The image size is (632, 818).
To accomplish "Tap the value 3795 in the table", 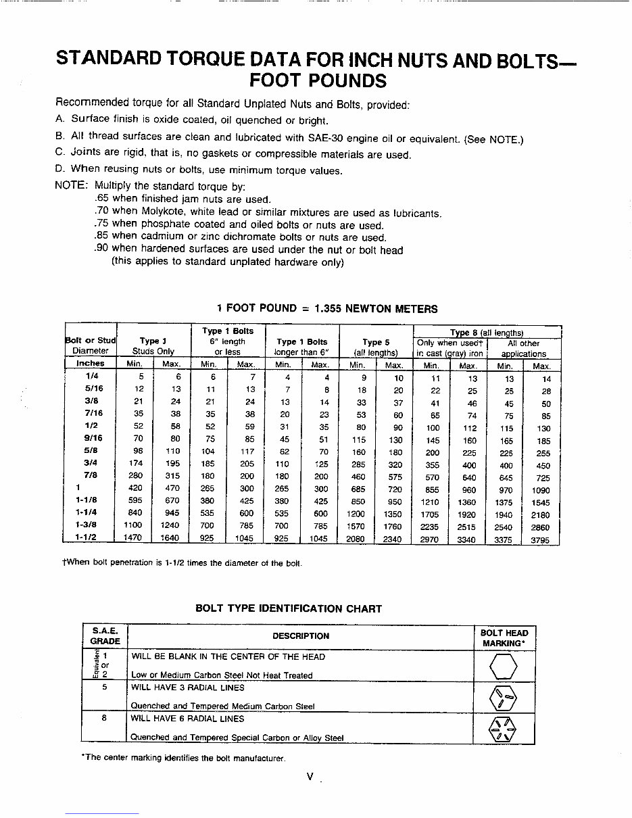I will (x=541, y=539).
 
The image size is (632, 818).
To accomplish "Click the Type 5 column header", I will (x=376, y=342).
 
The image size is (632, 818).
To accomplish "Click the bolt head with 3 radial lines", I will (x=503, y=698).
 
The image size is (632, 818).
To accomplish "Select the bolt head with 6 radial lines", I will (x=503, y=729).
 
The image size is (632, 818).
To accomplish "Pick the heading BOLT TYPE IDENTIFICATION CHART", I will (x=289, y=608).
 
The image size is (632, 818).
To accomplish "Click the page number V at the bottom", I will (x=310, y=777).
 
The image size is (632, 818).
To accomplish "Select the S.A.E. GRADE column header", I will (x=105, y=635).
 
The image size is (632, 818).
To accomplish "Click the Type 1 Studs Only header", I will (x=153, y=346).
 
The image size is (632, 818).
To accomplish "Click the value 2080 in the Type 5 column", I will (x=356, y=539).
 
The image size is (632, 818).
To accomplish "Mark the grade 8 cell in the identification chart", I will (x=105, y=719).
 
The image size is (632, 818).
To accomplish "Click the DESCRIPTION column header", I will (x=301, y=635).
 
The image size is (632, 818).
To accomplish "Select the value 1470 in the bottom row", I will (x=135, y=539).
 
